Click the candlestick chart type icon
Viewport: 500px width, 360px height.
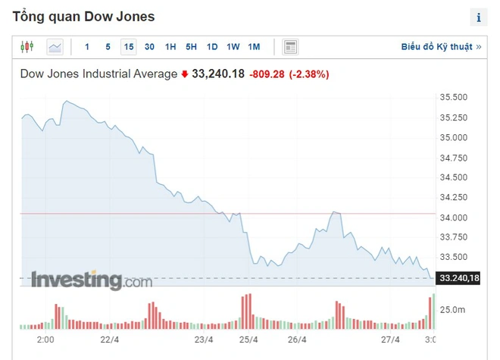point(27,47)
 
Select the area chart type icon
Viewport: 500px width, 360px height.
point(55,47)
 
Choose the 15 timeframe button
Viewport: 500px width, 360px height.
point(129,47)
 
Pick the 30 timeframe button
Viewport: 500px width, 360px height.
point(149,47)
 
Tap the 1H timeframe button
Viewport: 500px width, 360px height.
point(170,47)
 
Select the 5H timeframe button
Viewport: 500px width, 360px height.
point(191,47)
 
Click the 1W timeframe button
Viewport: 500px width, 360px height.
point(233,47)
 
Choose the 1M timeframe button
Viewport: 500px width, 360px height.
point(254,47)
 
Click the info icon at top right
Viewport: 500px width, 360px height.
point(479,17)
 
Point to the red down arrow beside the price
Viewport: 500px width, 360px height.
point(184,74)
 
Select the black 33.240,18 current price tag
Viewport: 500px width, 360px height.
point(459,279)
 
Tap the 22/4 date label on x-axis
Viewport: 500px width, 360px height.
point(110,340)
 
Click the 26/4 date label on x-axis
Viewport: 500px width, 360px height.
point(297,340)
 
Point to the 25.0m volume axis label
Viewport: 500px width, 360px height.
point(452,309)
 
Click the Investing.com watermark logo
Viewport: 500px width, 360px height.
point(91,280)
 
